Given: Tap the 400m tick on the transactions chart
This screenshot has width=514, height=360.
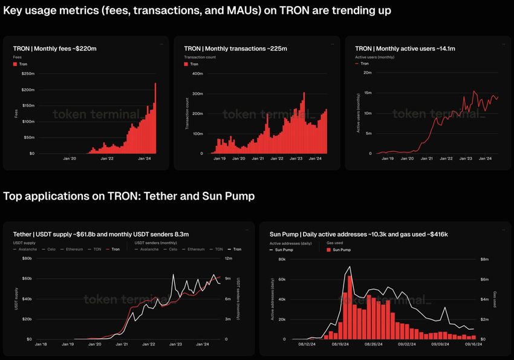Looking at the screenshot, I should pyautogui.click(x=197, y=73).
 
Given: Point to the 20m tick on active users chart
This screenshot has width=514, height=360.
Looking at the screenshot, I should pyautogui.click(x=366, y=73).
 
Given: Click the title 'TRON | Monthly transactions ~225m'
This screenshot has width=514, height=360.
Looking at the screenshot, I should pyautogui.click(x=235, y=48).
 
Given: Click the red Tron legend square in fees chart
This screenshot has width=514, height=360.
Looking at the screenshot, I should pyautogui.click(x=15, y=64).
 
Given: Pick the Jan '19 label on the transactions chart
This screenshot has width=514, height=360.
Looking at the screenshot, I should pyautogui.click(x=218, y=159).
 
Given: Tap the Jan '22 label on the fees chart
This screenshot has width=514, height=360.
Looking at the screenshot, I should pyautogui.click(x=106, y=159).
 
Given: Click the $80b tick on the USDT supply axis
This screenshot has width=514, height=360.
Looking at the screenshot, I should pyautogui.click(x=26, y=258).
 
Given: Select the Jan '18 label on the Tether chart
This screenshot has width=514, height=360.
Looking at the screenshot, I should pyautogui.click(x=41, y=344).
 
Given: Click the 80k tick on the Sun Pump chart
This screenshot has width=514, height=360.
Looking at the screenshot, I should pyautogui.click(x=281, y=258).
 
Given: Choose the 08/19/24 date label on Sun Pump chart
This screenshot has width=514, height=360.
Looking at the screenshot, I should pyautogui.click(x=343, y=344).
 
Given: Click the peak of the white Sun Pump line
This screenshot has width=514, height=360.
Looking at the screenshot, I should pyautogui.click(x=349, y=267).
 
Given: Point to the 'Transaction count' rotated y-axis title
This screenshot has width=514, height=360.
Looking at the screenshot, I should pyautogui.click(x=187, y=113).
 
